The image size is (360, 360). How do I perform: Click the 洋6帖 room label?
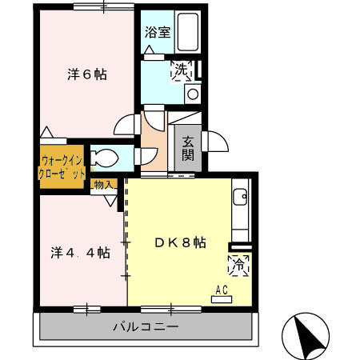point(86,74)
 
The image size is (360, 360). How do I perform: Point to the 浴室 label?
point(157,33)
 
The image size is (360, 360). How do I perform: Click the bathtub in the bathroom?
point(188,34)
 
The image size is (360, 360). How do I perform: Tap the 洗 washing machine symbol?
point(182,71)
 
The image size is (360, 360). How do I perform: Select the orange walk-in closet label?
point(61,165)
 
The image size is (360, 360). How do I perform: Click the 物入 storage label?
point(104,185)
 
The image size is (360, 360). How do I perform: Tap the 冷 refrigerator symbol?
point(238,263)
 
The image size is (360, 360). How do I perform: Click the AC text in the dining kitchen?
point(222,290)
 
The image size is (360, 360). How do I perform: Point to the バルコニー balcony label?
point(145,326)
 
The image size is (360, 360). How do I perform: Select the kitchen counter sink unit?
point(239,208)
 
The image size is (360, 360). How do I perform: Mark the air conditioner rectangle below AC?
point(222,299)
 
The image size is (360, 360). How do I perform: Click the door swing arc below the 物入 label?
point(110,198)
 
